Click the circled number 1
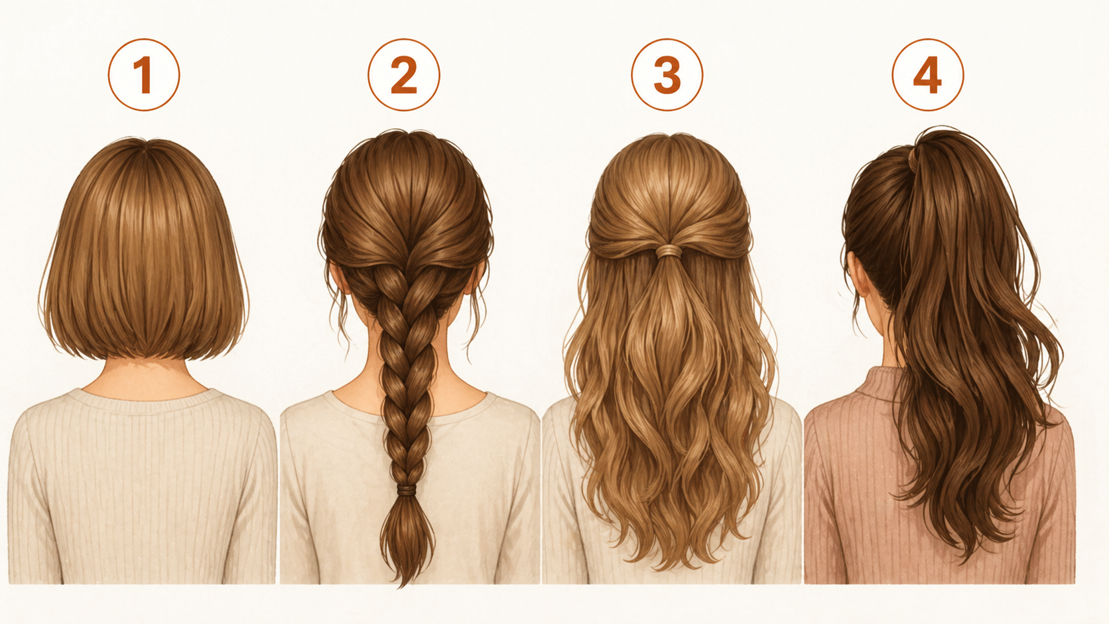click(x=143, y=75)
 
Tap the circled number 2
click(x=403, y=75)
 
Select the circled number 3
click(x=667, y=75)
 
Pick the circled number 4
click(x=928, y=75)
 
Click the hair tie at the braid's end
click(x=406, y=490)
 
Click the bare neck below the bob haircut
click(x=143, y=379)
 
